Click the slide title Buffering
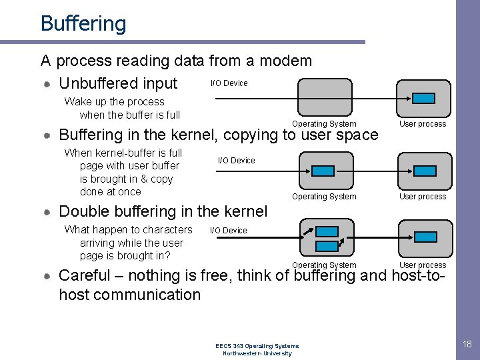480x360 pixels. [83, 24]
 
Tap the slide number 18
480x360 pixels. [467, 344]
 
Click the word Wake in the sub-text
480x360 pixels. [77, 102]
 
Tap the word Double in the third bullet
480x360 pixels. [82, 212]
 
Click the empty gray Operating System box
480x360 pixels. [324, 98]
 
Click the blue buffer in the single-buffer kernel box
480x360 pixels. [324, 171]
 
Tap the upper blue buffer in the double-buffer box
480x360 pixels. [327, 231]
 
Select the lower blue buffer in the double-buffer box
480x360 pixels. [327, 246]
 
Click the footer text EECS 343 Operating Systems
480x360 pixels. [257, 346]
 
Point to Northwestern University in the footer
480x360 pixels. [257, 353]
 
